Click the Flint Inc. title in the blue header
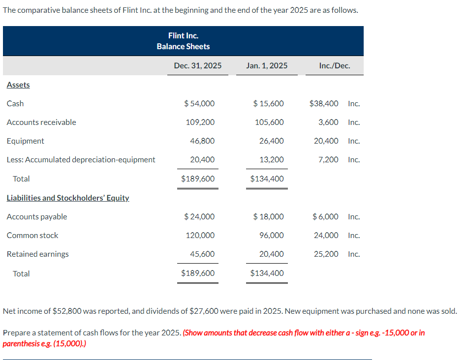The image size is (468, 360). point(183,35)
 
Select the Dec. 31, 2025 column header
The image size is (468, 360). point(198,65)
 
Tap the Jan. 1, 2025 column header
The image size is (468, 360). point(267,65)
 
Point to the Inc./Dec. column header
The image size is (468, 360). point(335,65)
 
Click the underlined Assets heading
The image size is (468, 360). point(18,85)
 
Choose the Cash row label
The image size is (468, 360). point(15,103)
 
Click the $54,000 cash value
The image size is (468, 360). point(199,103)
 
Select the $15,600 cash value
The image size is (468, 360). point(268,103)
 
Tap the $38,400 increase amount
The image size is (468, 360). point(324,103)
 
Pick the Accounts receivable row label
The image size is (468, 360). point(41,122)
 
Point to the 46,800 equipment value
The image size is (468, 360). point(202,141)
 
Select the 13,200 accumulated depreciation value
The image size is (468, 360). point(271,159)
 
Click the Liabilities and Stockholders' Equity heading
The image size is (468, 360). point(68,198)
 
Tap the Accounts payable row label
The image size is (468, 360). point(37,216)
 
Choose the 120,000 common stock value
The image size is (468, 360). point(200,235)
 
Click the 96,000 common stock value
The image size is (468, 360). point(271,235)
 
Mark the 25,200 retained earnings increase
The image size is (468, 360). point(326,254)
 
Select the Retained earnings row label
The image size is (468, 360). point(38,254)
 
